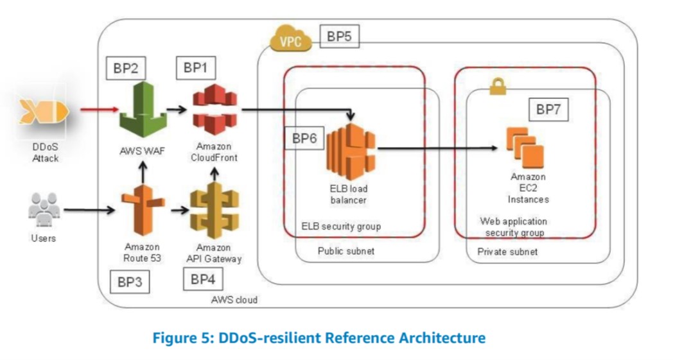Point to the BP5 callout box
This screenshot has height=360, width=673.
coord(338,37)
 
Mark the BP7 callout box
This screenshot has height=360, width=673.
coord(548,110)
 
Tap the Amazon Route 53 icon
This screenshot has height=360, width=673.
coord(141,209)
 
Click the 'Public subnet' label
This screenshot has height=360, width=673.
coord(345,252)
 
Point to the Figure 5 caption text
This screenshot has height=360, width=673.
coord(319,338)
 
